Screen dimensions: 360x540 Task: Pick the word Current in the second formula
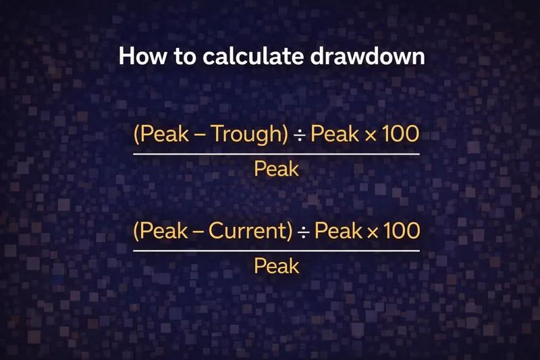pos(251,231)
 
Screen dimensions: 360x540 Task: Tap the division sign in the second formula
pos(305,232)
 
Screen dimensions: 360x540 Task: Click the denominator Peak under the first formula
pos(276,169)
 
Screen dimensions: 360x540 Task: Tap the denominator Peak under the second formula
pos(276,266)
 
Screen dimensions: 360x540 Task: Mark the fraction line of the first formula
pos(276,153)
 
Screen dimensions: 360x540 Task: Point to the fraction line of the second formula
pos(276,250)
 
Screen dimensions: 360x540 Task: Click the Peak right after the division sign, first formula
pos(334,134)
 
